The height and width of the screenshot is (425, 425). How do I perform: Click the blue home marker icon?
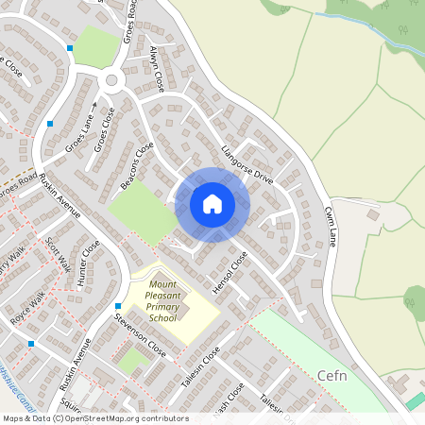[x=212, y=204]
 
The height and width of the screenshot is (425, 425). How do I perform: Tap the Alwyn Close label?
[x=157, y=67]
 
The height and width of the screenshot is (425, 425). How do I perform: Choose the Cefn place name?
[x=335, y=375]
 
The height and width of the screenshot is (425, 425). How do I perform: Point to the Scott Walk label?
[x=59, y=253]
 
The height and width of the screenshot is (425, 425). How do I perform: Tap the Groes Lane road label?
[x=81, y=137]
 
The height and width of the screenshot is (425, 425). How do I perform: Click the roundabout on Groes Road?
[x=113, y=81]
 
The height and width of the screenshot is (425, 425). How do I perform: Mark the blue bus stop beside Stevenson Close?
[x=117, y=306]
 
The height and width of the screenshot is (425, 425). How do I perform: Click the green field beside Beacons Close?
[x=142, y=208]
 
